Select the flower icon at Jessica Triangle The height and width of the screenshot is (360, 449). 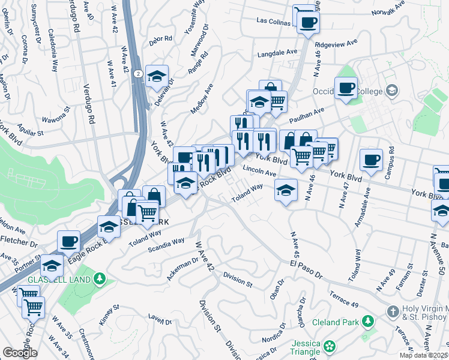330,346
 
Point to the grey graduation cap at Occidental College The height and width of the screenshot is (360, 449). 392,91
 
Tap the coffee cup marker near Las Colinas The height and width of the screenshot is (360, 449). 308,23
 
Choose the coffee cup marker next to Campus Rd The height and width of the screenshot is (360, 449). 371,160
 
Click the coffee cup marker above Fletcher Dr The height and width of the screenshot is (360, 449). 69,241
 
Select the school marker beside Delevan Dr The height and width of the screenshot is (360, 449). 157,76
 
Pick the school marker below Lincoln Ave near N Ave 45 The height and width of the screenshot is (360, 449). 286,191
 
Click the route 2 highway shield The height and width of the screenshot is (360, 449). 138,73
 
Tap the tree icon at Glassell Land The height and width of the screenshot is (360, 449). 99,279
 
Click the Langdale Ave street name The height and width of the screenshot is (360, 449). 277,53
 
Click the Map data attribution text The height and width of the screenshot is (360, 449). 423,355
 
